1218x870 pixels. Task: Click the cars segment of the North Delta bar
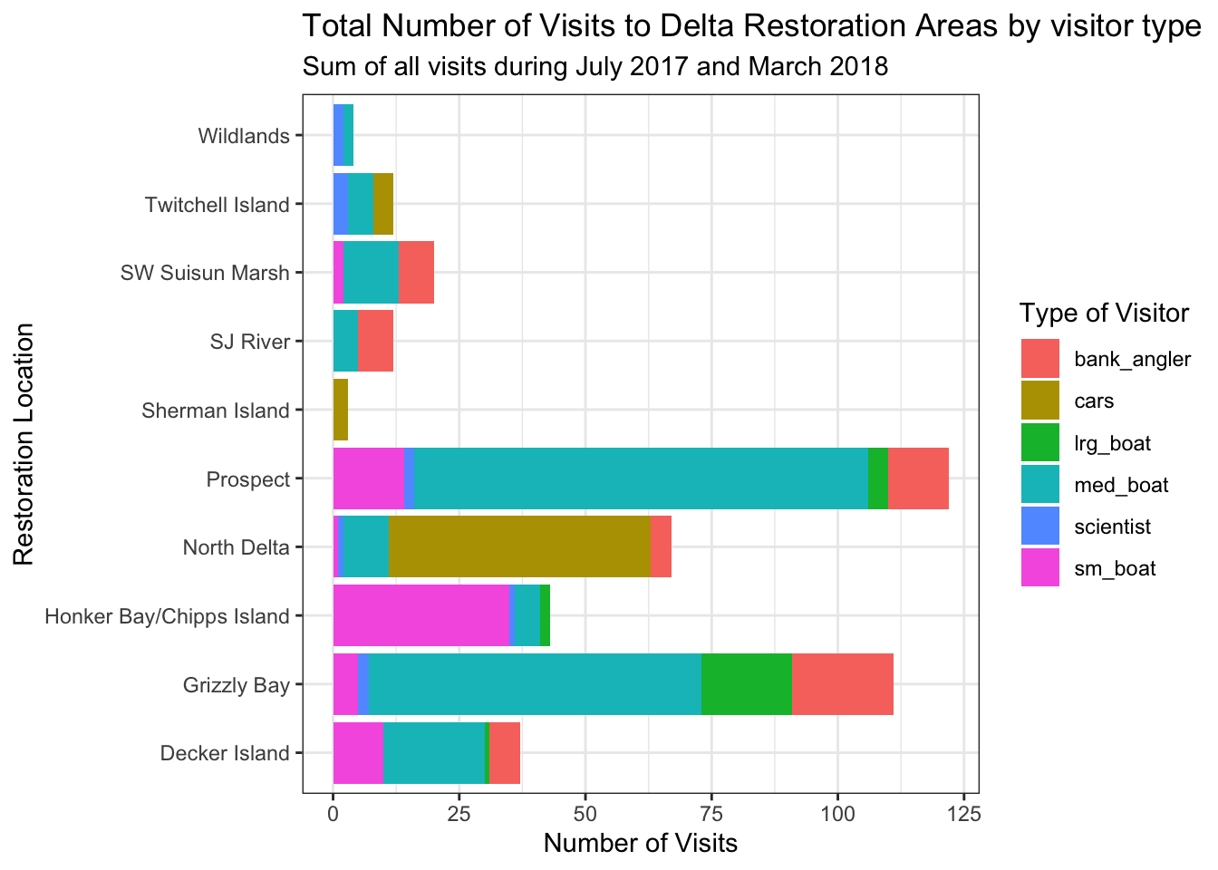pos(519,546)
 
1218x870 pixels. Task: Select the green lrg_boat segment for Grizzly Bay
pos(746,684)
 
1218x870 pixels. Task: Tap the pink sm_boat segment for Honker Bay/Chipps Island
pos(420,615)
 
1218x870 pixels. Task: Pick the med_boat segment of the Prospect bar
pos(641,478)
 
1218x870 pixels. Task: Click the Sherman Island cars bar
pos(341,410)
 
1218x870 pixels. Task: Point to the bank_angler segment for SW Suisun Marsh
pos(416,272)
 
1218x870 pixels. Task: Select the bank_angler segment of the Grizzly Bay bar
pos(842,684)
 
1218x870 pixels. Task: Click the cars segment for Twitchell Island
pos(382,204)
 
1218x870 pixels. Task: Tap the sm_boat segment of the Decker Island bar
pos(358,752)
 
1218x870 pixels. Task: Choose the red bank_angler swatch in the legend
pos(1039,359)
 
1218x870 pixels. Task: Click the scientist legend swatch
pos(1039,527)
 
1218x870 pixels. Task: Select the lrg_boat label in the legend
pos(1112,443)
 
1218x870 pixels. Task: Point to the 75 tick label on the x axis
pos(711,814)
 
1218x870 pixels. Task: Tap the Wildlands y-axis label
pos(244,137)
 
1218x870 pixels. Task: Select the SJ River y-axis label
pos(250,342)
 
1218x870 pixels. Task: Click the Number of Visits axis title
pos(640,844)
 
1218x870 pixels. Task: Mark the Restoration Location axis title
pos(24,444)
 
